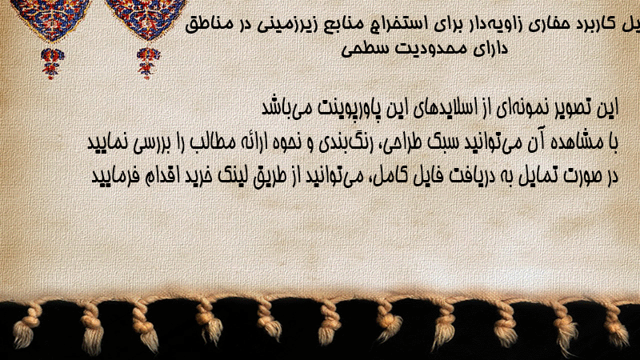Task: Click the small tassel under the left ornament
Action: [x=52, y=63]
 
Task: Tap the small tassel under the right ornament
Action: [x=148, y=62]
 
